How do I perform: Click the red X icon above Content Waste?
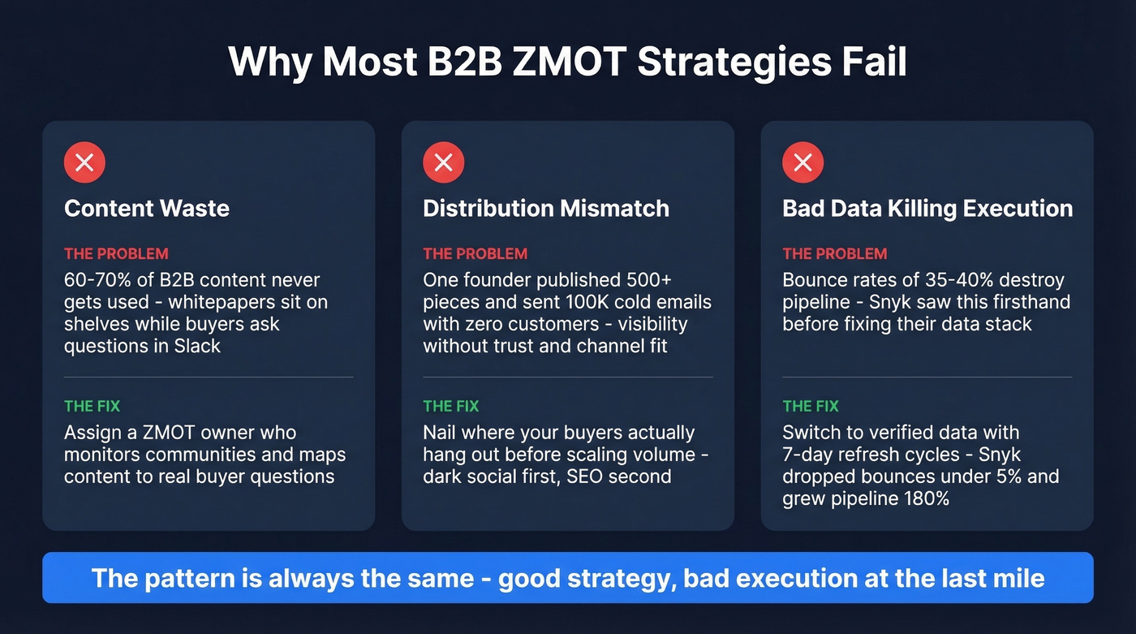coord(84,162)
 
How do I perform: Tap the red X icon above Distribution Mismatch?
coord(443,162)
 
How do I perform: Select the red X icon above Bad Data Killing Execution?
coord(803,162)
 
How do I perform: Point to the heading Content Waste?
coord(147,209)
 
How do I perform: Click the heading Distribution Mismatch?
coord(546,209)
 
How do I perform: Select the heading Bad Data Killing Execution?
coord(927,209)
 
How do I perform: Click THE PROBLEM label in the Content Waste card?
coord(116,254)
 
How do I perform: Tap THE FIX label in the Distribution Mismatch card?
coord(450,406)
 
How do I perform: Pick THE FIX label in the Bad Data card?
coord(810,406)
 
